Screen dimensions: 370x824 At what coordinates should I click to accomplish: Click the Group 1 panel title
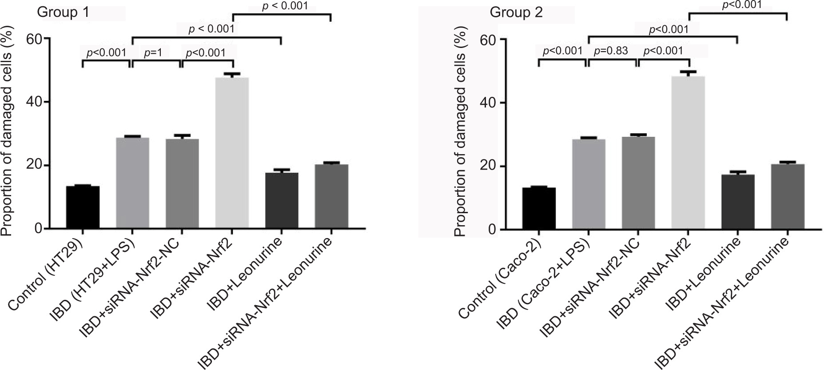tap(62, 12)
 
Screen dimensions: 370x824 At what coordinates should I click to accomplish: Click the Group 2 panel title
tap(516, 12)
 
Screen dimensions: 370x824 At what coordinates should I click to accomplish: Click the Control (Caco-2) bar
tap(539, 209)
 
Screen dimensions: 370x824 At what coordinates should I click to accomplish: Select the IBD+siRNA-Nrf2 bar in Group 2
tap(688, 153)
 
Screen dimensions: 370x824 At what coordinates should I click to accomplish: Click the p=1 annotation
tap(153, 52)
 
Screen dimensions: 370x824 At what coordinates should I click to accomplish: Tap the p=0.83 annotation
tap(611, 51)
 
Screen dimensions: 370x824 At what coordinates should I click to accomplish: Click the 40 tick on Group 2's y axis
tap(490, 103)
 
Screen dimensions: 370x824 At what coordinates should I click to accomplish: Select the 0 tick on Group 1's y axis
tap(39, 229)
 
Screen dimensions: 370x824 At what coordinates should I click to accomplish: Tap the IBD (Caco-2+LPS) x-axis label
tap(542, 284)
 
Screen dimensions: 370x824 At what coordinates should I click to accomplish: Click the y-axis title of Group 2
tap(460, 133)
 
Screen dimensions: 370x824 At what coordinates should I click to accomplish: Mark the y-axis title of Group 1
tap(6, 133)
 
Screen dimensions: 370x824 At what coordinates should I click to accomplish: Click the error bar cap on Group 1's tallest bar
tap(232, 74)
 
